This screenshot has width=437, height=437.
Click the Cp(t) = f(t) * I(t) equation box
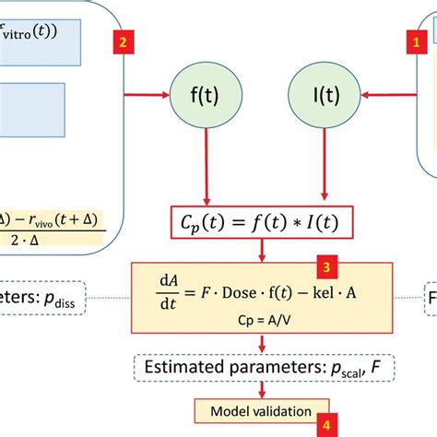[x=262, y=221]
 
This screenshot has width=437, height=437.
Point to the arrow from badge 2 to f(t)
[x=148, y=93]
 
